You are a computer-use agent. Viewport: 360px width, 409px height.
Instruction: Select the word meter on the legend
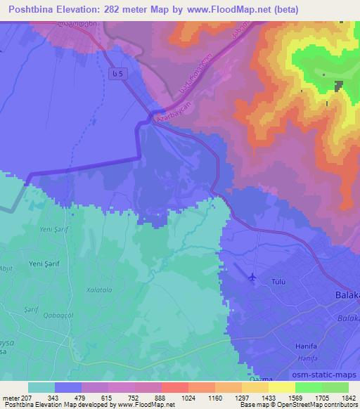13,398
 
